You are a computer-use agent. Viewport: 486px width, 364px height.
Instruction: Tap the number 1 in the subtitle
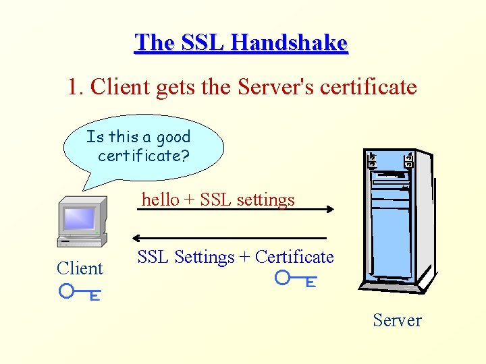tap(73, 87)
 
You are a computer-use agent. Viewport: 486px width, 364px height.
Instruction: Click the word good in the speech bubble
tap(173, 138)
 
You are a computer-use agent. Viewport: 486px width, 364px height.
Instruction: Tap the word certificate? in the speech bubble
tap(144, 156)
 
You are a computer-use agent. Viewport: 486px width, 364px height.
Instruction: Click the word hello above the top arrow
tap(161, 200)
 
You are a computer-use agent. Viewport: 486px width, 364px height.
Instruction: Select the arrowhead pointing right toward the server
tap(330, 209)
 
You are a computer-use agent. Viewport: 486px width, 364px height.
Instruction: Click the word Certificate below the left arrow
tap(294, 257)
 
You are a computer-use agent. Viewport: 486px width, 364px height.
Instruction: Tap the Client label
tap(80, 268)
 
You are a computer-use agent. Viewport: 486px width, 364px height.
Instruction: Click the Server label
tap(397, 320)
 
